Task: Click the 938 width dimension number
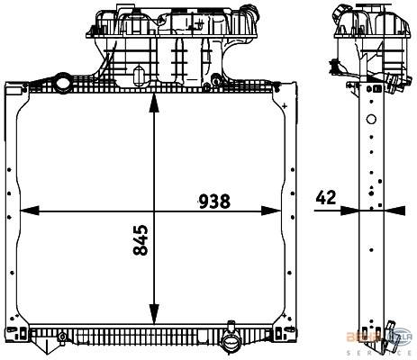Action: pyautogui.click(x=215, y=201)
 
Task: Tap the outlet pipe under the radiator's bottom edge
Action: pyautogui.click(x=231, y=343)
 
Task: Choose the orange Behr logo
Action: pyautogui.click(x=358, y=337)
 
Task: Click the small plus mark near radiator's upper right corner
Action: pyautogui.click(x=286, y=106)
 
